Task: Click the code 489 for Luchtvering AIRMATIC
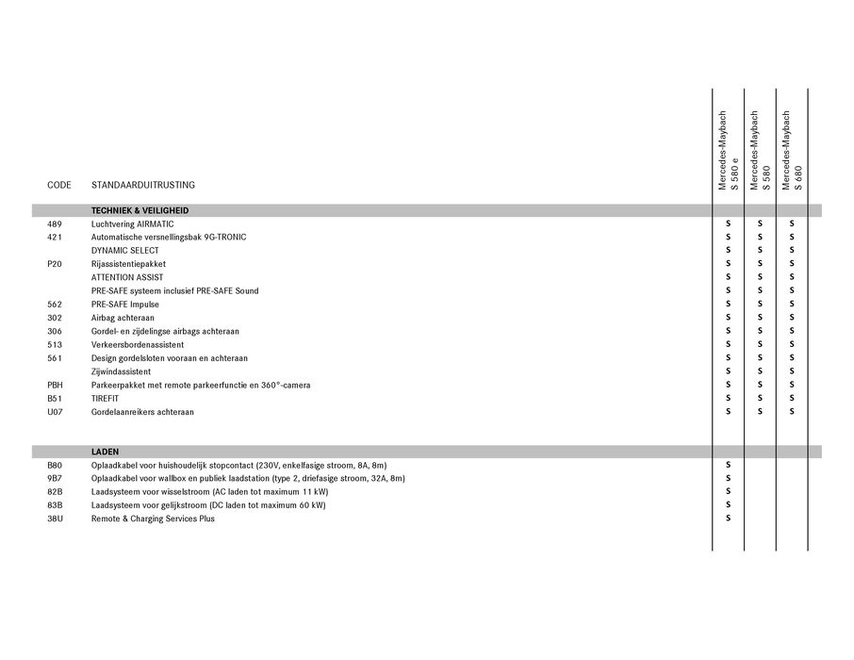pyautogui.click(x=53, y=223)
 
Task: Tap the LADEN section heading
pyautogui.click(x=105, y=452)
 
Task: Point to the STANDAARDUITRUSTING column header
pyautogui.click(x=143, y=185)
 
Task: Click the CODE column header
pyautogui.click(x=58, y=185)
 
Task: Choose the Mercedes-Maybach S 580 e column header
pyautogui.click(x=728, y=151)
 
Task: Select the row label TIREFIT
pyautogui.click(x=106, y=399)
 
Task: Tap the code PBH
pyautogui.click(x=54, y=386)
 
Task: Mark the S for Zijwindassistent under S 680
pyautogui.click(x=792, y=371)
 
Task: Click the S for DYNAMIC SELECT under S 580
pyautogui.click(x=760, y=251)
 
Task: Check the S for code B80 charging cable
pyautogui.click(x=728, y=465)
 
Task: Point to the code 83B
pyautogui.click(x=54, y=505)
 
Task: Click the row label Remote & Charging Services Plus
pyautogui.click(x=153, y=519)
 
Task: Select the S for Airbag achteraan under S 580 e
pyautogui.click(x=728, y=318)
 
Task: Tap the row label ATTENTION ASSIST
pyautogui.click(x=127, y=277)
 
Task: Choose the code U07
pyautogui.click(x=54, y=412)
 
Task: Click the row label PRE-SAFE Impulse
pyautogui.click(x=125, y=305)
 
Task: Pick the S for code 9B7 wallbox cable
pyautogui.click(x=728, y=478)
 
